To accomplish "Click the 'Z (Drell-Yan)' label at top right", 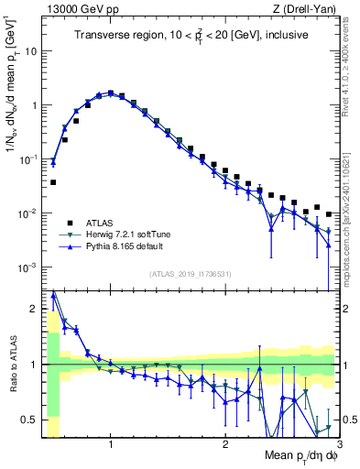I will (x=306, y=8).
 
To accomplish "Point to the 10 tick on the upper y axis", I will (x=30, y=51).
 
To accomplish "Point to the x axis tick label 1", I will (x=111, y=444).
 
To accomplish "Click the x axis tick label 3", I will (x=338, y=444).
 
